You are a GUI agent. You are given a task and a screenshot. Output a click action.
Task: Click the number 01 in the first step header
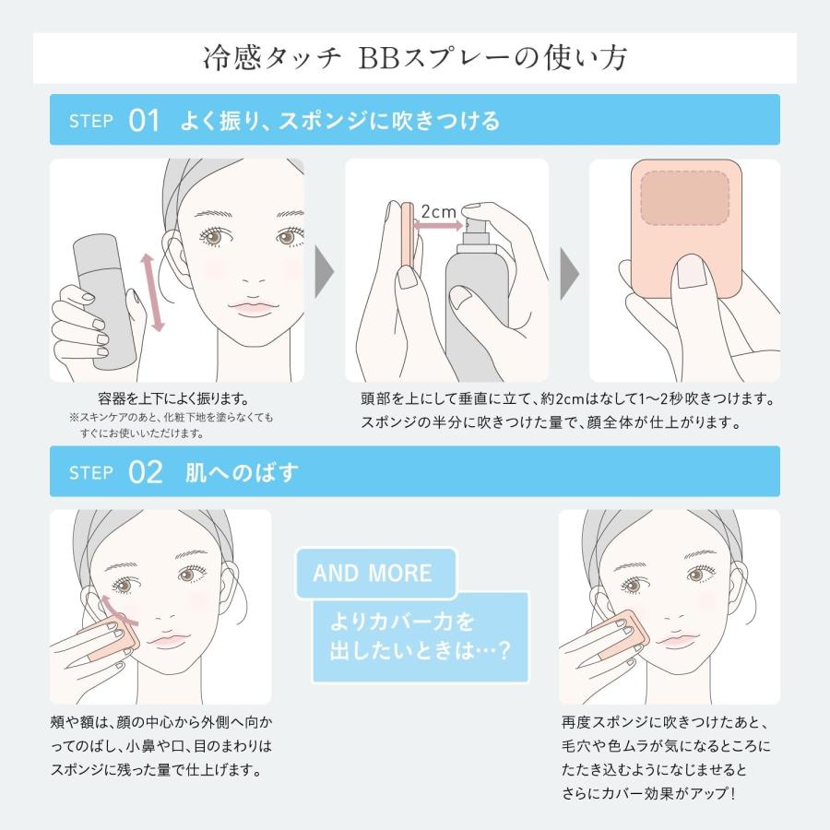click(x=145, y=120)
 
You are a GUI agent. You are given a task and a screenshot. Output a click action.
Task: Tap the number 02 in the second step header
click(x=146, y=472)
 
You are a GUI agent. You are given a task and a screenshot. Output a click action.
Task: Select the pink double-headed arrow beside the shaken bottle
click(x=152, y=292)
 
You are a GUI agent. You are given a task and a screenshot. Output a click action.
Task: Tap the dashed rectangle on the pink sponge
click(x=684, y=197)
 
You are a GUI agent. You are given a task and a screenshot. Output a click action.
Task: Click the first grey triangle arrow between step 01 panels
click(x=324, y=271)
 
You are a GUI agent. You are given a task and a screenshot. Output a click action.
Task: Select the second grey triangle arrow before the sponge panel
click(x=569, y=271)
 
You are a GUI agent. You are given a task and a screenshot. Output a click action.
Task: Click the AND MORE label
click(x=372, y=573)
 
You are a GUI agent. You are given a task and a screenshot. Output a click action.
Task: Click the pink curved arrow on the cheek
click(x=115, y=606)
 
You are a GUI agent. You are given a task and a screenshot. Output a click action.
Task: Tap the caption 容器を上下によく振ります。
click(x=173, y=398)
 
